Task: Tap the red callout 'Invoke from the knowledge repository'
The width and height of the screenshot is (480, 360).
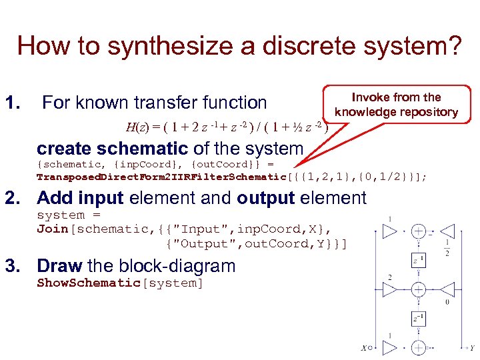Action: pyautogui.click(x=396, y=105)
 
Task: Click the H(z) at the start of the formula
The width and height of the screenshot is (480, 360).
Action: pyautogui.click(x=137, y=127)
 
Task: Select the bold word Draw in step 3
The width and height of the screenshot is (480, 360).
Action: pyautogui.click(x=59, y=265)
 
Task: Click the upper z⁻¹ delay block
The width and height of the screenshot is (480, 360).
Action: pyautogui.click(x=418, y=261)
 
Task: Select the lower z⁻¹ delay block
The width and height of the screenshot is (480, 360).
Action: pyautogui.click(x=418, y=319)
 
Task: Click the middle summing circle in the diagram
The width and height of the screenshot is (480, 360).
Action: pyautogui.click(x=419, y=290)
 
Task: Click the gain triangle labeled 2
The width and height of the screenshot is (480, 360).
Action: pyautogui.click(x=390, y=290)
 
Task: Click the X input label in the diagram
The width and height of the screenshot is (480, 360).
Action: pyautogui.click(x=363, y=347)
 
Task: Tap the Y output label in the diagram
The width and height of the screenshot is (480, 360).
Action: pyautogui.click(x=472, y=347)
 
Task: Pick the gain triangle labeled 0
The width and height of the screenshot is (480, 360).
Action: pyautogui.click(x=447, y=290)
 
